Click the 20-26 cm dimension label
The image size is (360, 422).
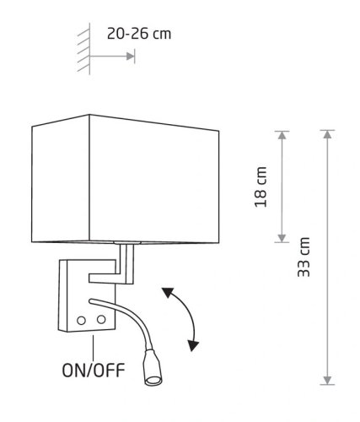[139, 34]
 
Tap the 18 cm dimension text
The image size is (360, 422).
[261, 187]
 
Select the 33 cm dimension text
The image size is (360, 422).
[304, 257]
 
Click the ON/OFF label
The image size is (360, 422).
[94, 371]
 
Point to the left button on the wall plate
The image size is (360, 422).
[81, 321]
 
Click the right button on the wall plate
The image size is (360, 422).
[101, 319]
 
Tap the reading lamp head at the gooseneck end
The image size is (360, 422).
[153, 367]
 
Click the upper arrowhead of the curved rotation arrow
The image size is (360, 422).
[168, 293]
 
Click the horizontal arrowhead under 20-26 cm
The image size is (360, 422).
[131, 57]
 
